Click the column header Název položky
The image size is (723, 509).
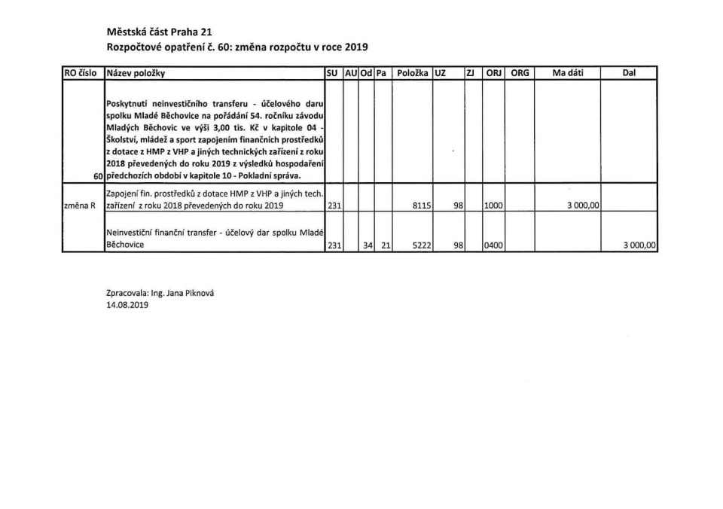136,73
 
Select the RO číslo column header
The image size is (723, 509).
82,73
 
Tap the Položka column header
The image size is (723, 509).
412,73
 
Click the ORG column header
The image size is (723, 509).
520,73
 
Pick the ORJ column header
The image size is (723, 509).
493,73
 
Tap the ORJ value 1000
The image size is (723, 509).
494,205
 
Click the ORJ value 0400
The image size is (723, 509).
494,245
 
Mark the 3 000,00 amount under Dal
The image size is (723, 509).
640,245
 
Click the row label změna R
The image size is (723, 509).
81,205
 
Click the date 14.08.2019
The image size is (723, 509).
127,306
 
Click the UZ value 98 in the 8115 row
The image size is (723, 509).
457,205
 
